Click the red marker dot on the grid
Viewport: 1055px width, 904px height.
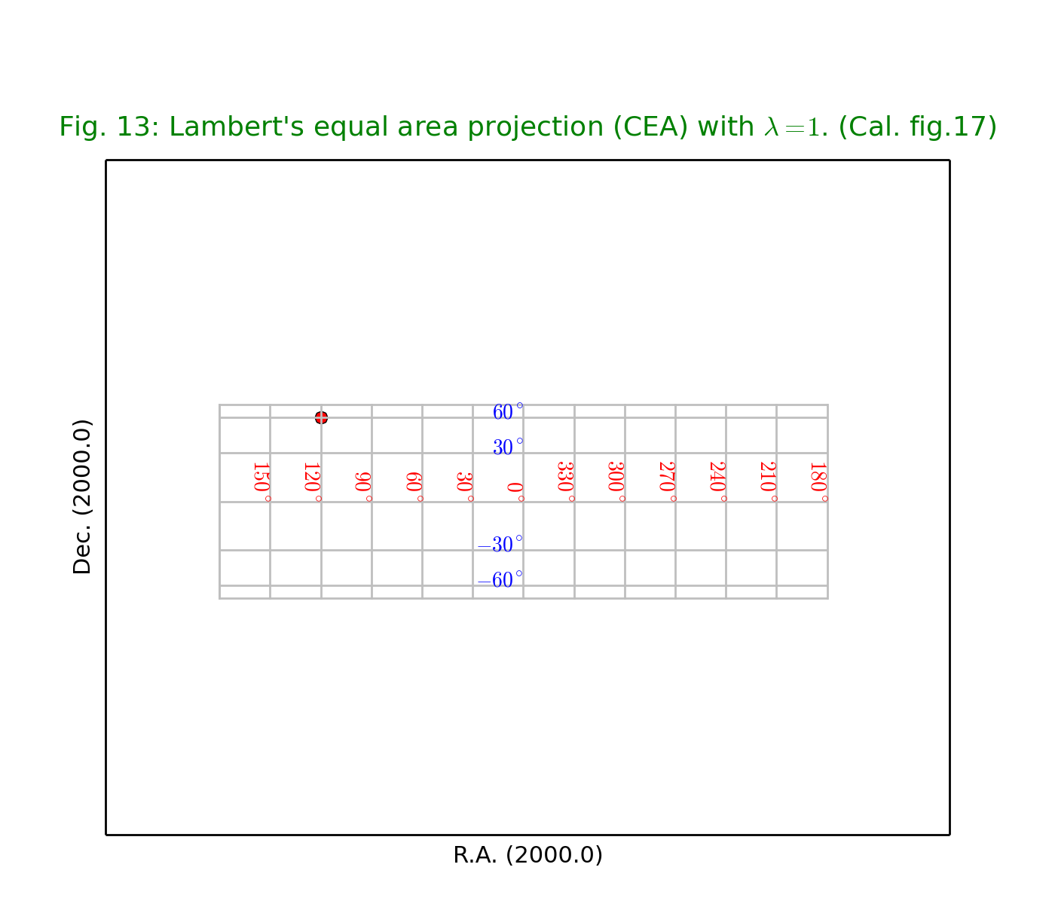point(321,418)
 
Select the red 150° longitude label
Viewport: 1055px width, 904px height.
point(261,482)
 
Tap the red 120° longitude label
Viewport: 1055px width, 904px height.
point(313,482)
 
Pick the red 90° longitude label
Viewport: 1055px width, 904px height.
point(363,487)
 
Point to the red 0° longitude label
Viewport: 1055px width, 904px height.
point(515,492)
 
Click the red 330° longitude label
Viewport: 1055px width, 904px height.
point(566,482)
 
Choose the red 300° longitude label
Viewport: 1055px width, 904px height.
point(616,482)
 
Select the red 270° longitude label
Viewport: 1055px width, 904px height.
point(668,482)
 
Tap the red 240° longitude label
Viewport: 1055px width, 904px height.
point(718,482)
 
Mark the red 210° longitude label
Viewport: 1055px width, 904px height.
point(769,482)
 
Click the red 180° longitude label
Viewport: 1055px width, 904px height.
point(819,482)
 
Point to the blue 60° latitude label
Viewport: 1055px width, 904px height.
point(508,412)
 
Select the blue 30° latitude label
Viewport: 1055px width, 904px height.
point(508,447)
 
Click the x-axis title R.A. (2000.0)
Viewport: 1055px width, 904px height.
point(527,855)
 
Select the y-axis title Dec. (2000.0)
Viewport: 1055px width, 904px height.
point(81,497)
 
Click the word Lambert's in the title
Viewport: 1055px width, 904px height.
point(237,127)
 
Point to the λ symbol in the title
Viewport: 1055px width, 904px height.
point(771,127)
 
